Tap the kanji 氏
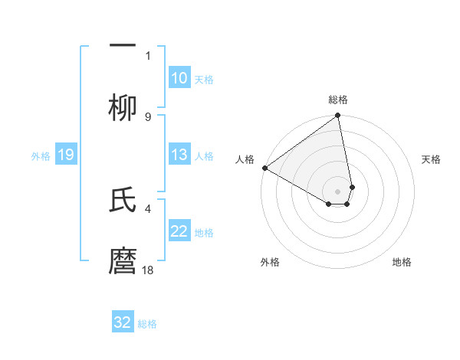tap(123, 199)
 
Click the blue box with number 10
tap(179, 78)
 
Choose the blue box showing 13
tap(179, 155)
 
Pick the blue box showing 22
tap(179, 231)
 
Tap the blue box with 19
tap(65, 155)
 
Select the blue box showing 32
tap(123, 322)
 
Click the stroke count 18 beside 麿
tap(148, 270)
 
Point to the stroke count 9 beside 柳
tap(148, 116)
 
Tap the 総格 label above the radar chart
tap(338, 100)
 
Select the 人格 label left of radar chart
tap(245, 159)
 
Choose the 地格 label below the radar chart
tap(402, 262)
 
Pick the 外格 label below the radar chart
tap(270, 262)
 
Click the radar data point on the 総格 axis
tap(338, 116)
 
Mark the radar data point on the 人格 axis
tap(264, 168)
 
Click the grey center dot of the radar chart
tap(338, 191)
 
